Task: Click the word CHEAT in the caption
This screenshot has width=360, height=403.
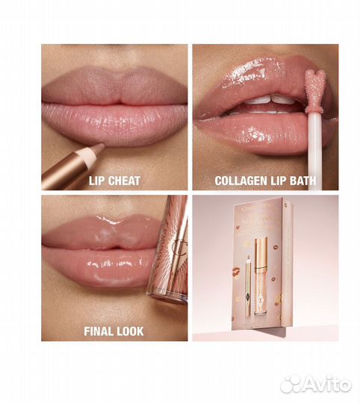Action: pos(125,180)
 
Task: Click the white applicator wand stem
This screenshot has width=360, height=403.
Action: pos(314,149)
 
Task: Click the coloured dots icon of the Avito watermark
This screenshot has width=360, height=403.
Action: pos(291,384)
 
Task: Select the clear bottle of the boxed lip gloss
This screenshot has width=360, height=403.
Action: pos(261,295)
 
